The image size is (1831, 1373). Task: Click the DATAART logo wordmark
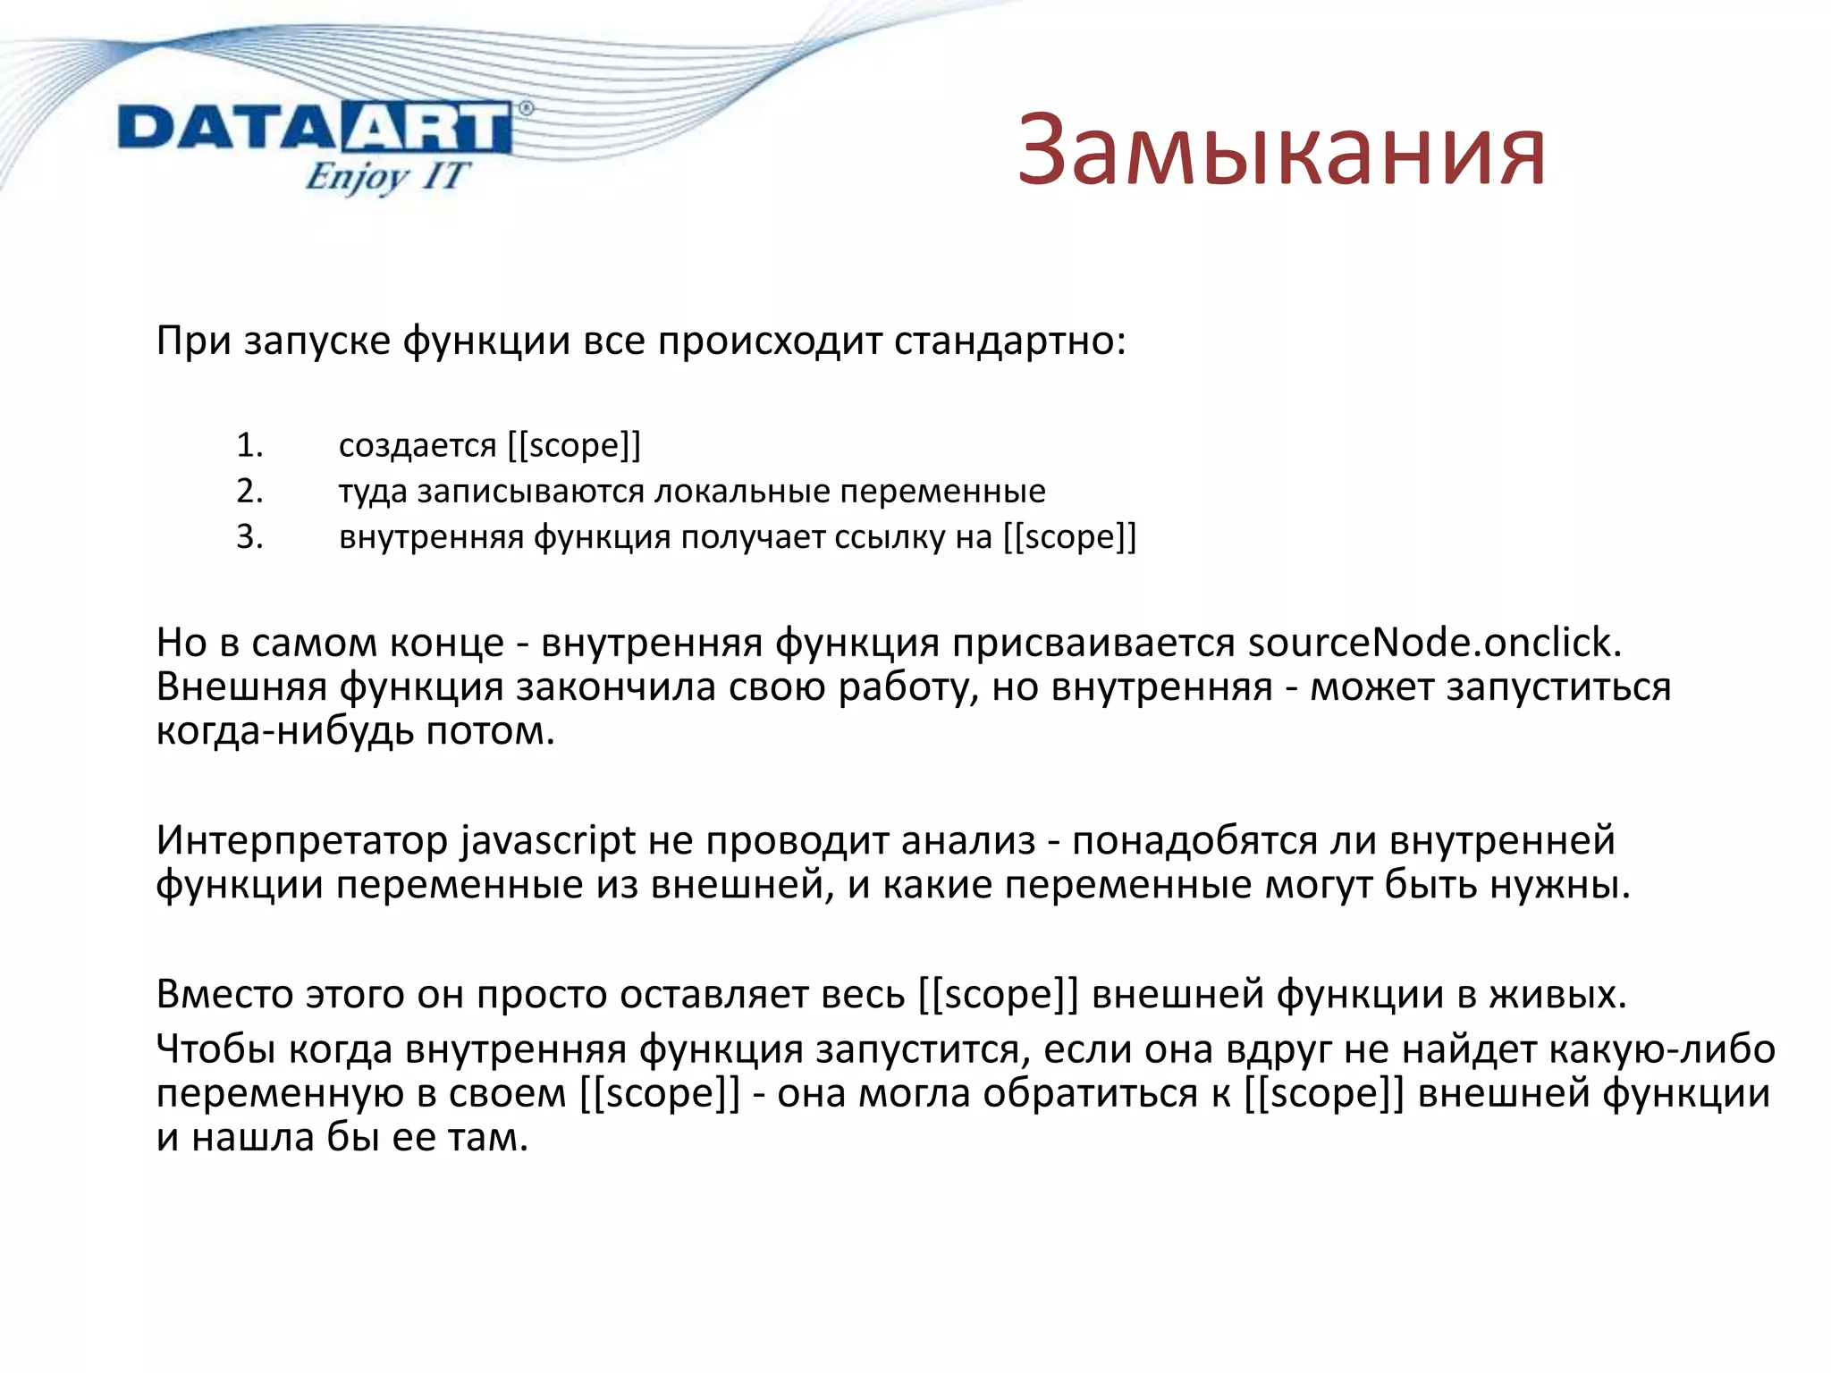[x=315, y=129]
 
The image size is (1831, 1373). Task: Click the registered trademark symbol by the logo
[x=526, y=108]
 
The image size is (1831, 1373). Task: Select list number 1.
[x=249, y=445]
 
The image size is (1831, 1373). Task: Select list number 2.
[x=249, y=491]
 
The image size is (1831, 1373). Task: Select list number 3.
[x=249, y=536]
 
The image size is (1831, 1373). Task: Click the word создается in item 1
[x=417, y=445]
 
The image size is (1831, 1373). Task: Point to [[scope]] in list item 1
[x=574, y=445]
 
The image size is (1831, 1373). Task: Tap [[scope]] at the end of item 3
[x=1069, y=537]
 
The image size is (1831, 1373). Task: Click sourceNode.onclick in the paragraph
[x=1434, y=643]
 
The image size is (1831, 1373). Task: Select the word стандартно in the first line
[x=1008, y=341]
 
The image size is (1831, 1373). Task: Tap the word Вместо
[x=224, y=994]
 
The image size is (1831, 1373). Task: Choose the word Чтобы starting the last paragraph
[x=215, y=1049]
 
